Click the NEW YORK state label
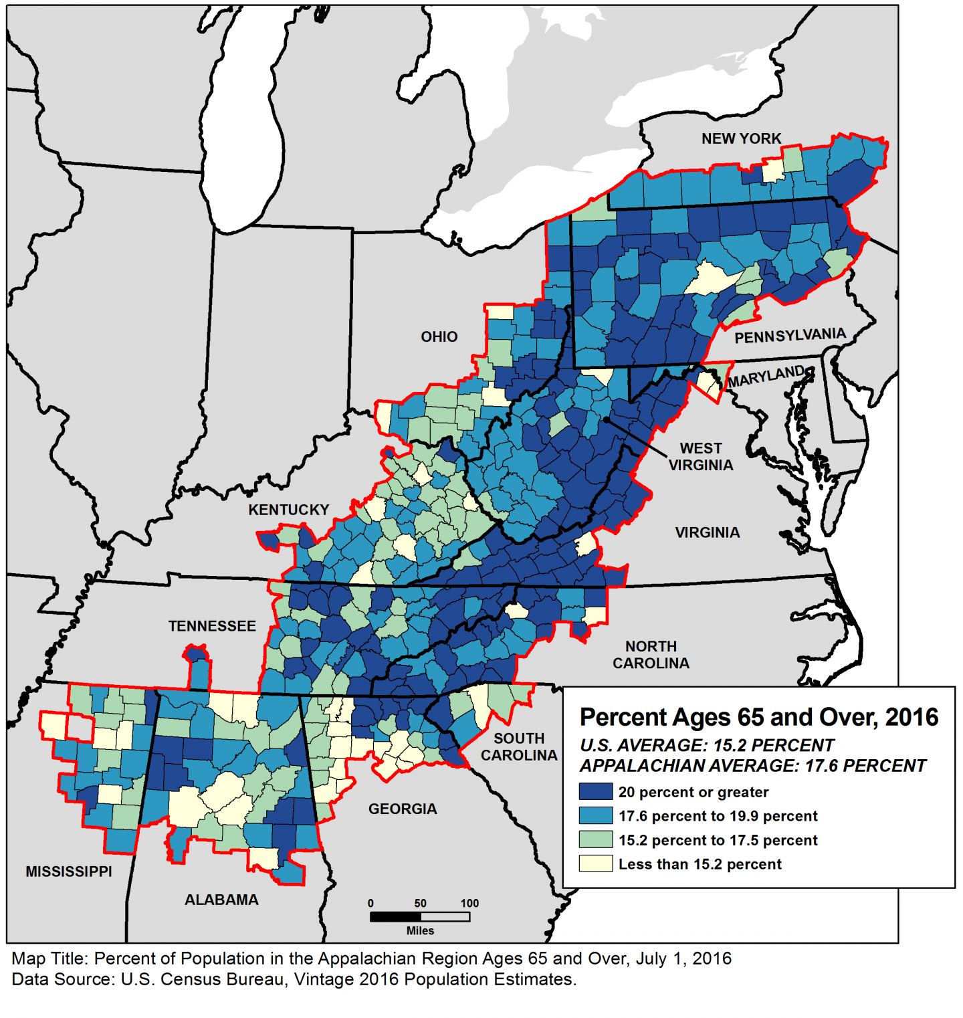[741, 138]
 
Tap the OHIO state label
[439, 336]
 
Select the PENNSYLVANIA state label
[790, 335]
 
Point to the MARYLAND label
[766, 377]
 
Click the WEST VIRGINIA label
[700, 456]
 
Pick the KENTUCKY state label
[288, 510]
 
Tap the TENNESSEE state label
[212, 626]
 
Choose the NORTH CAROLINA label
[651, 655]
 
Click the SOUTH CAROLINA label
[518, 746]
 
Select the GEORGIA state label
[403, 809]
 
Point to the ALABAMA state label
[221, 900]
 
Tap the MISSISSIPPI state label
[69, 872]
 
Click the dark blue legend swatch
[595, 792]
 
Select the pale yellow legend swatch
[595, 863]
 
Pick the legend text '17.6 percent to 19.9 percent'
[718, 816]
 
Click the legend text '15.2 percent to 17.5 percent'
[718, 840]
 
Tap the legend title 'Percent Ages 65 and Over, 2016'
[758, 717]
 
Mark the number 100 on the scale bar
[469, 903]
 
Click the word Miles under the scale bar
[420, 930]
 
